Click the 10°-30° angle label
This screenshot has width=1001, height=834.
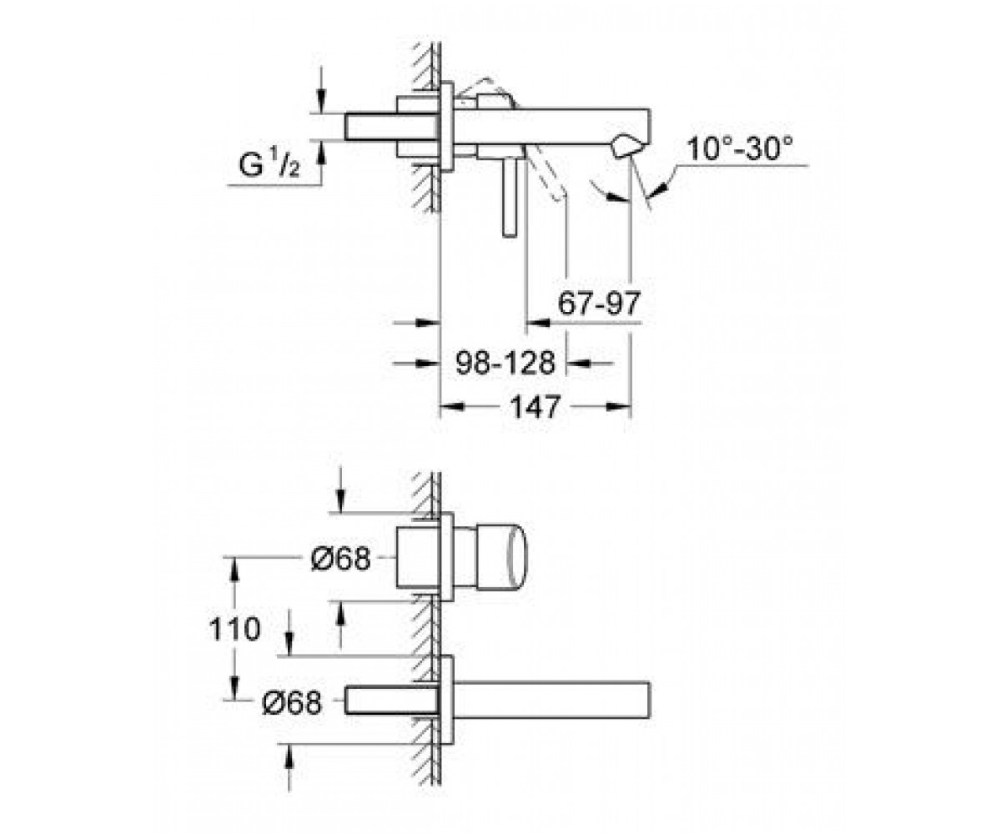[740, 148]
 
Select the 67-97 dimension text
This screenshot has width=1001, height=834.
[599, 303]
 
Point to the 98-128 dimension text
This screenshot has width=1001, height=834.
[505, 363]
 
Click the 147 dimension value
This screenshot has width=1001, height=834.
[535, 407]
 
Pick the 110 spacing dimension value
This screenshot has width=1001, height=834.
[234, 628]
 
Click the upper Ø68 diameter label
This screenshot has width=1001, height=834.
[341, 558]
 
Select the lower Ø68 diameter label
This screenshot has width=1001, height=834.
[292, 703]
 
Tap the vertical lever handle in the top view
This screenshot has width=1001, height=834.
[510, 197]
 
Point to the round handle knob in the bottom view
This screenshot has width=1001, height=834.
[501, 555]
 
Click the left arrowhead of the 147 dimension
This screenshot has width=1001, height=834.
[452, 407]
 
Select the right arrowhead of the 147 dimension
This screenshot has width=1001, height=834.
[618, 407]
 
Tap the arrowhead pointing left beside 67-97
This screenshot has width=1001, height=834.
[538, 323]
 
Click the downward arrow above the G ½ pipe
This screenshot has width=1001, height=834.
[321, 101]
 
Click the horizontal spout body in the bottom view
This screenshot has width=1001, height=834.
[551, 700]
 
